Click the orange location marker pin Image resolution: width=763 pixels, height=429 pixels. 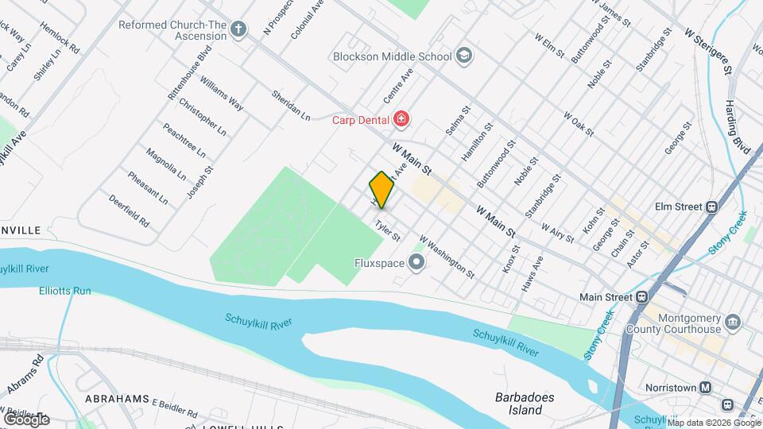click(x=381, y=190)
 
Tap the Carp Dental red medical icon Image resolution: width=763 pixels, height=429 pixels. click(x=401, y=120)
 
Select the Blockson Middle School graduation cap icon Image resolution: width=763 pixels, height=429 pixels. click(x=464, y=56)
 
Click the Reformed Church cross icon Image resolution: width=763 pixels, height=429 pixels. click(x=239, y=31)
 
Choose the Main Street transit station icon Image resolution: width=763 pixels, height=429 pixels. click(x=643, y=297)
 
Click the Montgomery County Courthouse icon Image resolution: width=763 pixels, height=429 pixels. click(x=733, y=323)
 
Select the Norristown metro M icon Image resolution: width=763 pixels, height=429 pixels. click(x=705, y=388)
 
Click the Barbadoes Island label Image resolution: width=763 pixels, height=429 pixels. click(x=524, y=404)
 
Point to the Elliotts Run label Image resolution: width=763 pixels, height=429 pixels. click(x=65, y=291)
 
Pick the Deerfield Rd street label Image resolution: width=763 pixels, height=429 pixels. click(x=130, y=211)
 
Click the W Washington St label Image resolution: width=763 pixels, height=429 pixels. click(x=447, y=256)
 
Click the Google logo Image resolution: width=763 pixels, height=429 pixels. click(x=26, y=419)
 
